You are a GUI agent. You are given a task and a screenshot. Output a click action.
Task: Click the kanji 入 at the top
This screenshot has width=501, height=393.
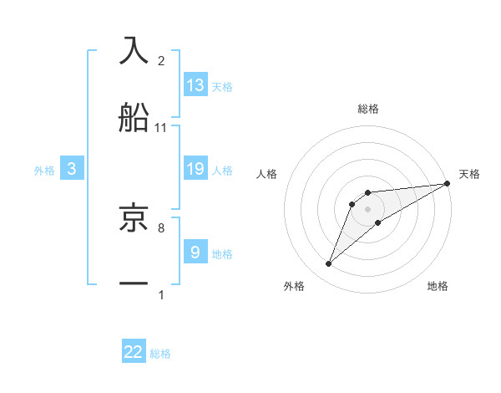134,49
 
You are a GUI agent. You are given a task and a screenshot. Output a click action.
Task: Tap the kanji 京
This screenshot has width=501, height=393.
134,217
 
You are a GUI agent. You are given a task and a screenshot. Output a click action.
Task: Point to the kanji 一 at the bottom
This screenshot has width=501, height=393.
134,283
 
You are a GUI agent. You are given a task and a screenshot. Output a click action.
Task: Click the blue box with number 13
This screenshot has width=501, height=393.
195,84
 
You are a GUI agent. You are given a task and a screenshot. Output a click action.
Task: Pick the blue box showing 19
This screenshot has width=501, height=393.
195,168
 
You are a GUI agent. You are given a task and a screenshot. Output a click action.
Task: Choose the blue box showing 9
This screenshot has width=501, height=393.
195,252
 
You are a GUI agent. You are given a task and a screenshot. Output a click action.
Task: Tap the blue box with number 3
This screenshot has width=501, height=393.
72,169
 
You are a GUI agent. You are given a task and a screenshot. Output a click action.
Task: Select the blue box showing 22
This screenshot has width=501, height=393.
134,352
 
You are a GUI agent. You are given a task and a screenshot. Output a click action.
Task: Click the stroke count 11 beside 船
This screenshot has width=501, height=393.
161,128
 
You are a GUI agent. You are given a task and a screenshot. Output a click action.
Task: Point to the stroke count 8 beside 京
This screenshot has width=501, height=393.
161,227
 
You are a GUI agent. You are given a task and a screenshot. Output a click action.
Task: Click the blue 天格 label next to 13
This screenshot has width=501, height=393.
222,86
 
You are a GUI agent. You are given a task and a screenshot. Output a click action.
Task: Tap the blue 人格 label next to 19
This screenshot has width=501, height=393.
222,170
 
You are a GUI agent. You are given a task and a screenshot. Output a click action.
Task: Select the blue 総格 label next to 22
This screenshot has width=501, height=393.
160,354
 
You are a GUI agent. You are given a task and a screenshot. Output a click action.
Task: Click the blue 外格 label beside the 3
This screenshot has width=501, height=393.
44,171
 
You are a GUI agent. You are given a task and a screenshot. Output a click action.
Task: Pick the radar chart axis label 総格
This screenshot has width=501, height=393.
367,109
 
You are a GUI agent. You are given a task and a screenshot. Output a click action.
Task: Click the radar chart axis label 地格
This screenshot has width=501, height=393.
438,287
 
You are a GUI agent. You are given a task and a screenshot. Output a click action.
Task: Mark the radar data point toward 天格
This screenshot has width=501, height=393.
448,183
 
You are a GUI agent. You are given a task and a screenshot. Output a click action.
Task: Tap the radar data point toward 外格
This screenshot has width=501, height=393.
328,264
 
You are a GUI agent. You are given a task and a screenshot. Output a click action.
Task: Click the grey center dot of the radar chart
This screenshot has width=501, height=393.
367,209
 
